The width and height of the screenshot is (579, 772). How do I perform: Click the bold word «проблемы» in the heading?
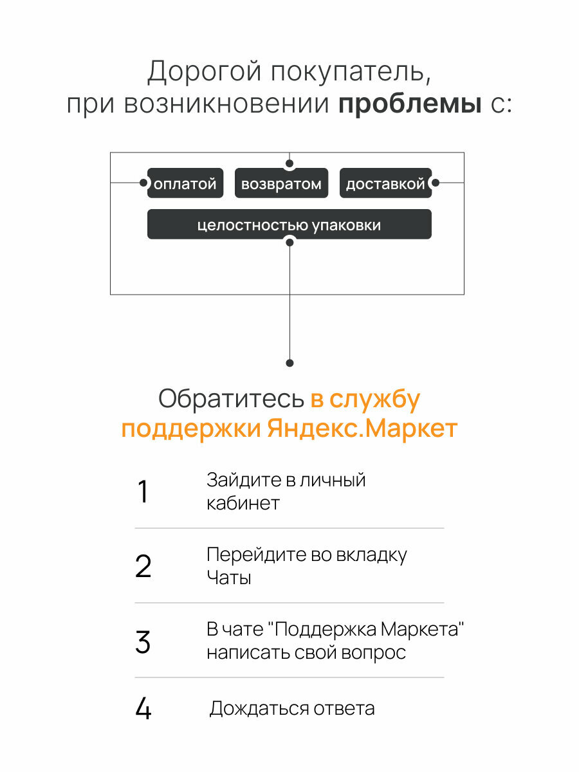coord(410,104)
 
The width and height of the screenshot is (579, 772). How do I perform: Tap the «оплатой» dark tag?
coord(185,183)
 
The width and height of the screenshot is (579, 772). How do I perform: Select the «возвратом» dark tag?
coord(281,183)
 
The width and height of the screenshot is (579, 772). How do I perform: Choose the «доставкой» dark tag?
coord(385,183)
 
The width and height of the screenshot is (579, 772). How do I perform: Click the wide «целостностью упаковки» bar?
coord(289,225)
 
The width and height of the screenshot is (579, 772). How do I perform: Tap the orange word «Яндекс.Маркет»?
coord(362,428)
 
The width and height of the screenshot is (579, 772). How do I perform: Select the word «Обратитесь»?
coord(231,400)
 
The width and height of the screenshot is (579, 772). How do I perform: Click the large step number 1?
coord(143,492)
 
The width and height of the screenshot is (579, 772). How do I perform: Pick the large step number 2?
coord(143,567)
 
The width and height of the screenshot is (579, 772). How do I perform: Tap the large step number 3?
coord(143,642)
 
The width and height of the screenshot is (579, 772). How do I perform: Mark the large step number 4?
coord(143,709)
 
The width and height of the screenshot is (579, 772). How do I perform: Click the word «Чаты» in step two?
coord(228,578)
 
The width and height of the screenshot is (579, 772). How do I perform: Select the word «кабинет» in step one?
coord(243,503)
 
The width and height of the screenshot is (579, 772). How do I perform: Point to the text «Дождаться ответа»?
coord(292,709)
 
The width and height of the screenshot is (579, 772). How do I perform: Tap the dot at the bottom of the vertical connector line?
coord(289,363)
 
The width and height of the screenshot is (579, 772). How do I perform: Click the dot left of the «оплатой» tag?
coord(143,183)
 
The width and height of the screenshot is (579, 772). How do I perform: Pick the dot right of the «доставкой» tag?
coord(435,183)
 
